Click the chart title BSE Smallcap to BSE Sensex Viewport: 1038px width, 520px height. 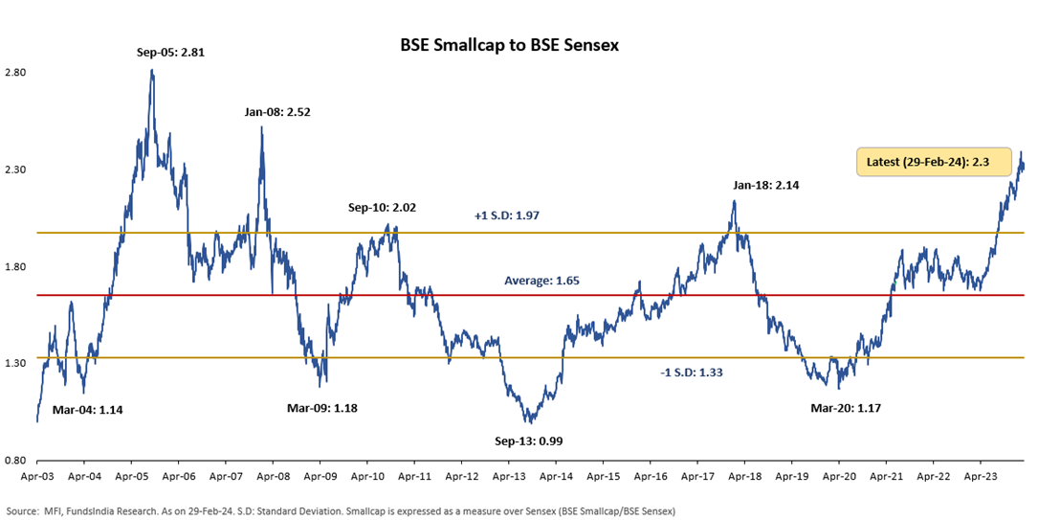(x=508, y=45)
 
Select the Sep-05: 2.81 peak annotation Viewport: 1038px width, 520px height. (x=171, y=53)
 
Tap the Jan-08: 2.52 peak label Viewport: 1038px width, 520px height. (x=277, y=112)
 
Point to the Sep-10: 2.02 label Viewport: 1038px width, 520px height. (x=382, y=207)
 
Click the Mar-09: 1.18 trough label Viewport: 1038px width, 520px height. (x=321, y=408)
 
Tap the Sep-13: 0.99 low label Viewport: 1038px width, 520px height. (x=527, y=442)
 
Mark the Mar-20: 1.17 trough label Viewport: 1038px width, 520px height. (x=845, y=408)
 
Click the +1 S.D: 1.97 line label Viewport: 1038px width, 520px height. (x=507, y=215)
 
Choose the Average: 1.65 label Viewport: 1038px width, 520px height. (x=541, y=281)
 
